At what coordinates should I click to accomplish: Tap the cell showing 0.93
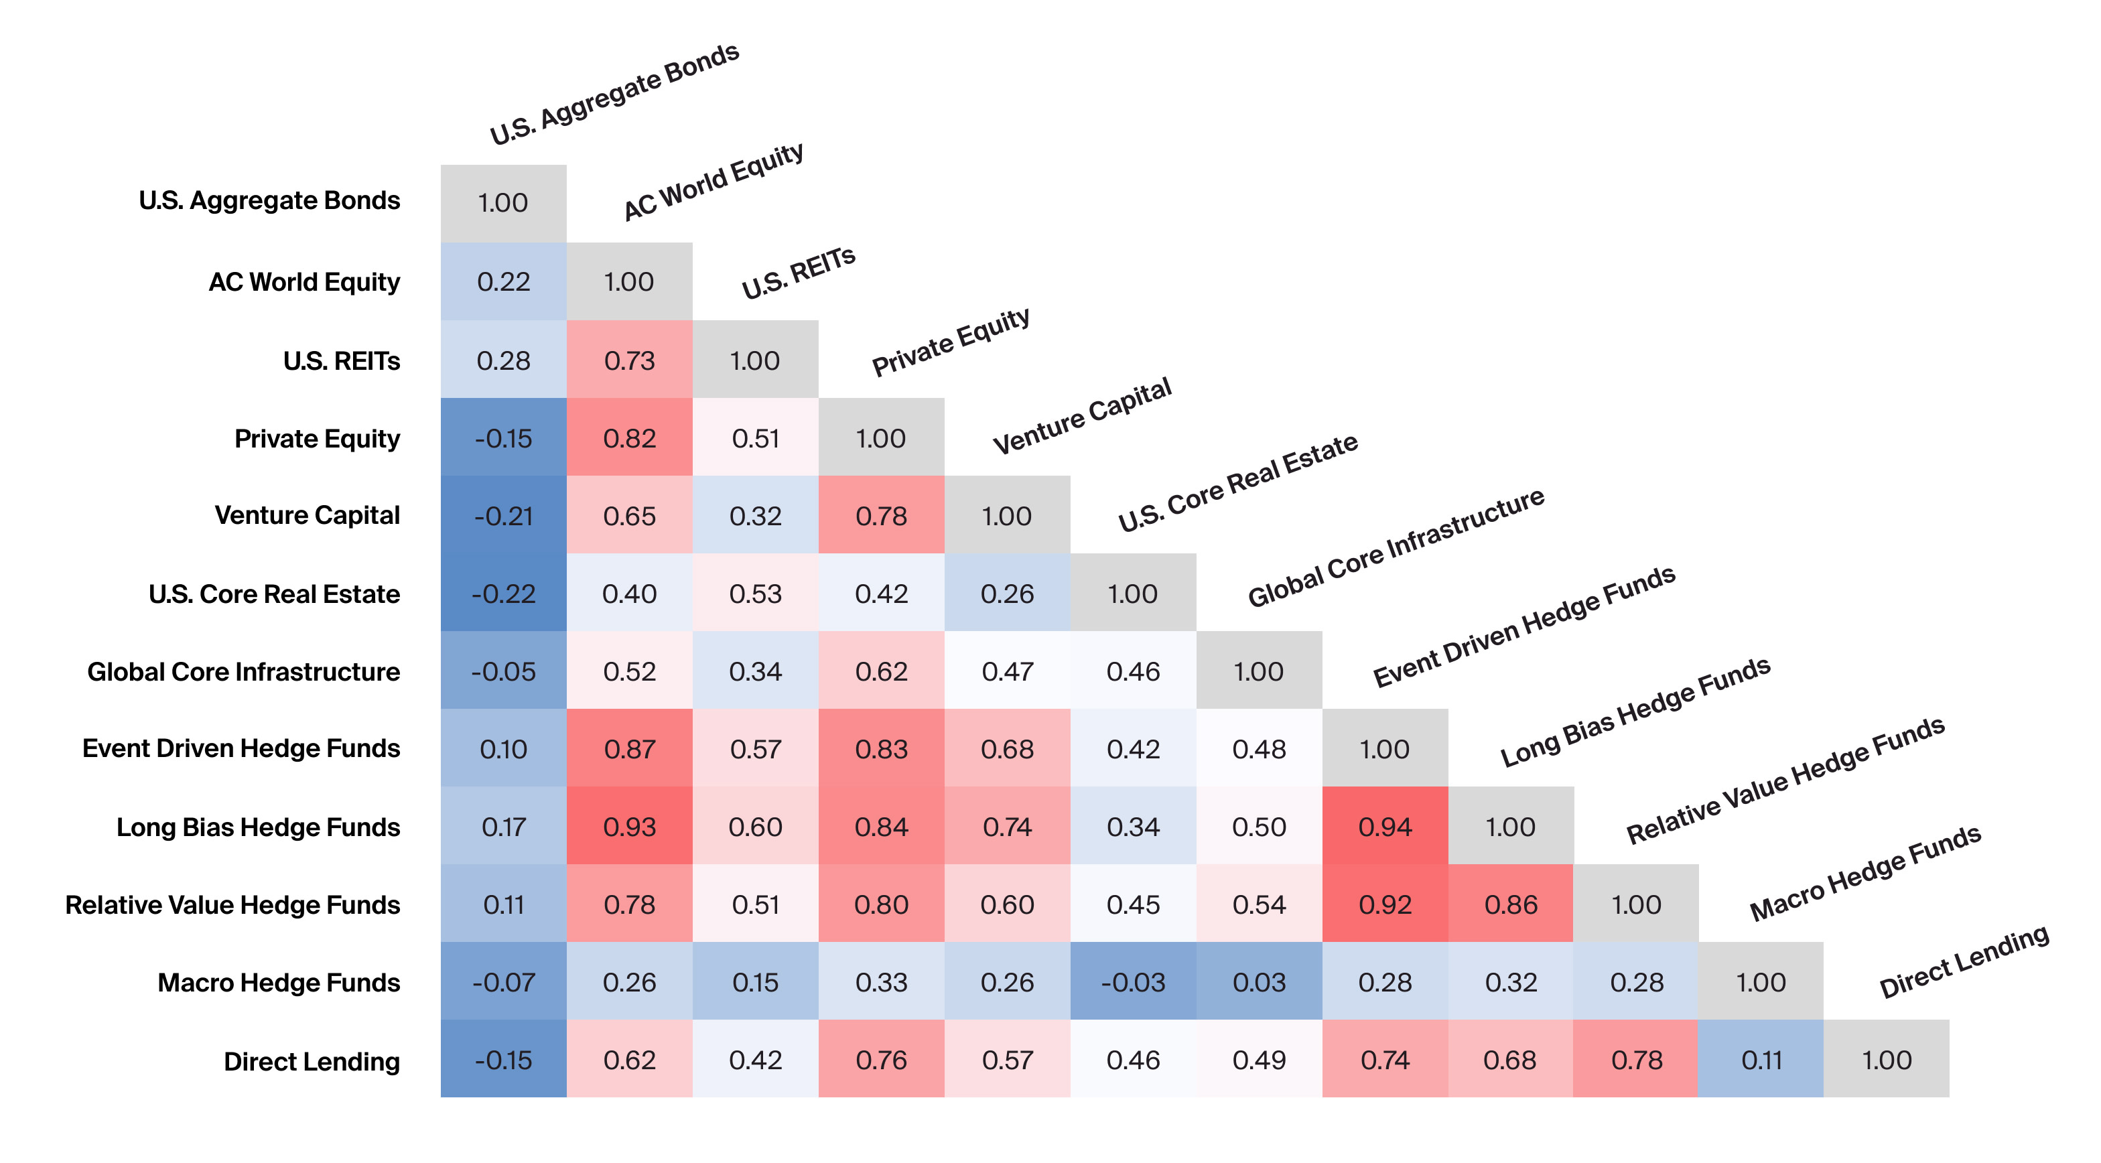629,826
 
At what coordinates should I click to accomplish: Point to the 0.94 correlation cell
1384,826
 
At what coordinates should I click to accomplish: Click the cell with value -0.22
503,593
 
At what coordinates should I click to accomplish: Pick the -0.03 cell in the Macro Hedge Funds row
1132,982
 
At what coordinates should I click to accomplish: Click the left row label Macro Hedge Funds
278,983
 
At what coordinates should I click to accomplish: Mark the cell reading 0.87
629,749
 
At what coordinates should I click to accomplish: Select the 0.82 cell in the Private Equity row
629,438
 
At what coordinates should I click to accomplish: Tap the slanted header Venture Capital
1081,416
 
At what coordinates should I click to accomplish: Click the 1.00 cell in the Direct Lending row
1886,1059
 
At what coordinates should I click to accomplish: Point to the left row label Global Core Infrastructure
243,671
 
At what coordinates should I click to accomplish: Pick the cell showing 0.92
1384,904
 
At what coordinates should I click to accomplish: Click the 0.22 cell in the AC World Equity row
503,281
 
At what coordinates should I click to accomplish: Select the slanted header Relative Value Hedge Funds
1785,780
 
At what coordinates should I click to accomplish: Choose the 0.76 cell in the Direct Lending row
881,1059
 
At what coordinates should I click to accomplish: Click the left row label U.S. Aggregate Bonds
269,200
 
